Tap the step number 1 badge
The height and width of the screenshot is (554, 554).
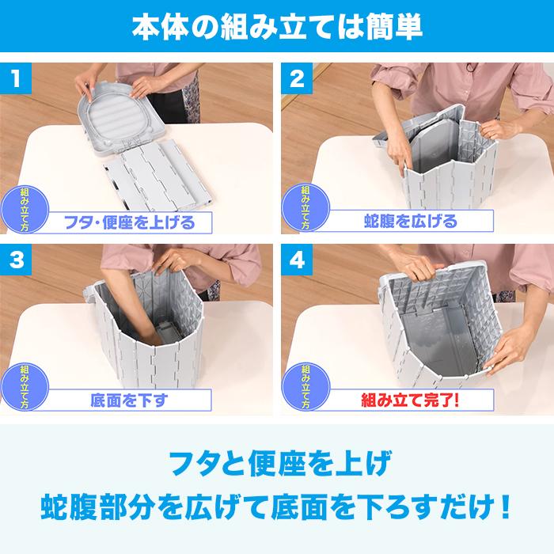click(17, 80)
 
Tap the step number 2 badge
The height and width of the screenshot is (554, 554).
click(297, 80)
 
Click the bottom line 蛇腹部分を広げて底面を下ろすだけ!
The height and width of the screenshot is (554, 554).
click(277, 504)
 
